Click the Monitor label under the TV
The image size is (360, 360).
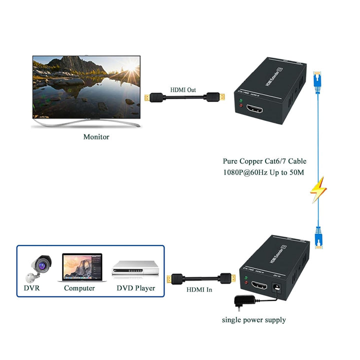pos(96,136)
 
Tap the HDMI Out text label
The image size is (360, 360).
pos(184,89)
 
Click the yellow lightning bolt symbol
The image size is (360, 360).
pos(318,189)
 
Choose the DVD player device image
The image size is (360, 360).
pos(134,268)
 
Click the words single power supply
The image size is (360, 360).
pos(254,319)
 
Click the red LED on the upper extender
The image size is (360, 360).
pos(241,105)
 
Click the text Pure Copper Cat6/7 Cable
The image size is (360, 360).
pos(264,161)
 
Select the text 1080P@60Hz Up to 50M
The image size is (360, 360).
pos(263,172)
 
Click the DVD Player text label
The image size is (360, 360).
pos(136,288)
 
